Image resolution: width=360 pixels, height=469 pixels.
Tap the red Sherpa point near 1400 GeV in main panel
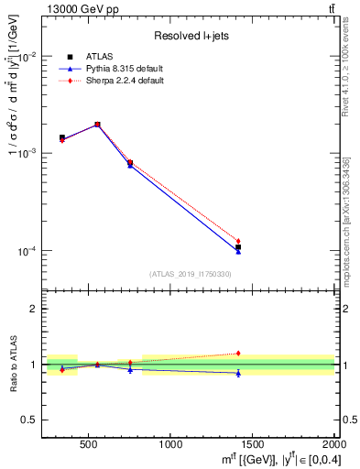point(238,241)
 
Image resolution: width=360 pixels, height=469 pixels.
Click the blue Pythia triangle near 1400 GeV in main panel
point(238,251)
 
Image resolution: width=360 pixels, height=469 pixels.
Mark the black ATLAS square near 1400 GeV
point(238,247)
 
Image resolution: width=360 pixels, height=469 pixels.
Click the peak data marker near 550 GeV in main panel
point(97,125)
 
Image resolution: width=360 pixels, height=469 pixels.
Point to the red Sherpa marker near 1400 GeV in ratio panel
point(238,353)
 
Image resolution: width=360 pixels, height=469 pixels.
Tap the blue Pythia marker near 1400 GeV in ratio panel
point(238,373)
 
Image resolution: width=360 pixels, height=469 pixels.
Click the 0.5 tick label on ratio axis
point(28,420)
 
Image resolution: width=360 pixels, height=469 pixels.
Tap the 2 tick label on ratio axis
point(33,310)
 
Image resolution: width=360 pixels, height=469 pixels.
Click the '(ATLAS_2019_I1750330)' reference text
point(190,274)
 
